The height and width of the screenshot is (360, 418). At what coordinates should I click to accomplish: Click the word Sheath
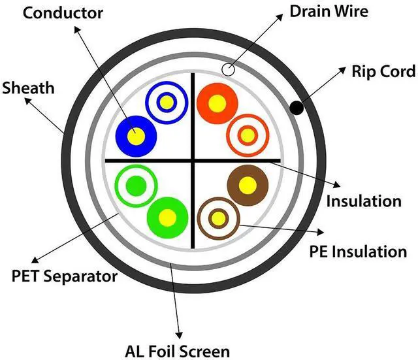[x=29, y=87]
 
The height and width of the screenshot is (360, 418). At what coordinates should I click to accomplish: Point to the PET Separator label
[x=65, y=276]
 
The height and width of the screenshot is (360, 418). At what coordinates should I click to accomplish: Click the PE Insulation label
[x=359, y=251]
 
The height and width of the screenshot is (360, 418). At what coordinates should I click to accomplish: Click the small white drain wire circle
[x=228, y=69]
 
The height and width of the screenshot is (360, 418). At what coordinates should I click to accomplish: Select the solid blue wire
[x=136, y=135]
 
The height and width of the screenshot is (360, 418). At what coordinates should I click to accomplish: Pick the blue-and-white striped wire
[x=165, y=101]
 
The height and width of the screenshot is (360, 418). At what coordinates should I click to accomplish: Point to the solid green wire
[x=167, y=216]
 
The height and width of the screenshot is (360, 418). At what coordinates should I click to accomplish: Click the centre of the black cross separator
[x=193, y=159]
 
